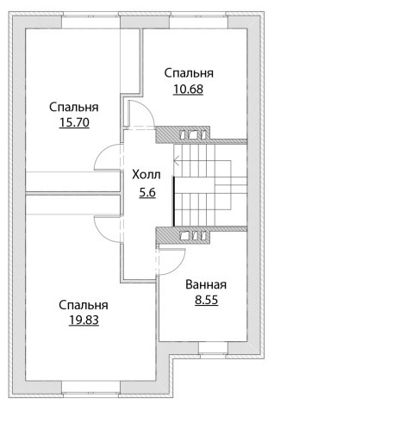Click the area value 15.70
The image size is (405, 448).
click(x=74, y=122)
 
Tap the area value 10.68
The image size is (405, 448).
click(x=188, y=89)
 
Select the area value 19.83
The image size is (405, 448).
click(x=84, y=320)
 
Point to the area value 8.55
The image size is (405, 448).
click(x=207, y=300)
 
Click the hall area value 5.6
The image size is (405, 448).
click(x=147, y=192)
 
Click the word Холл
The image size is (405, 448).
click(x=146, y=175)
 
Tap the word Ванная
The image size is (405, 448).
click(x=206, y=284)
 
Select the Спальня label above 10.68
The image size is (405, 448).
click(x=189, y=73)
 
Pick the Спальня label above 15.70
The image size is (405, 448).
click(x=74, y=107)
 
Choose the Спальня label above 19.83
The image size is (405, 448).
click(x=84, y=305)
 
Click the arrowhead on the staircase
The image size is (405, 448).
click(x=177, y=160)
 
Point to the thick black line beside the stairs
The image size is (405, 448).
click(x=174, y=202)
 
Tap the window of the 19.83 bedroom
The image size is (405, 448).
click(x=90, y=389)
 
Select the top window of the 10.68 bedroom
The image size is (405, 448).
click(x=198, y=21)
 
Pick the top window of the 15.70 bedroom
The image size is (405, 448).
click(x=90, y=21)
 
